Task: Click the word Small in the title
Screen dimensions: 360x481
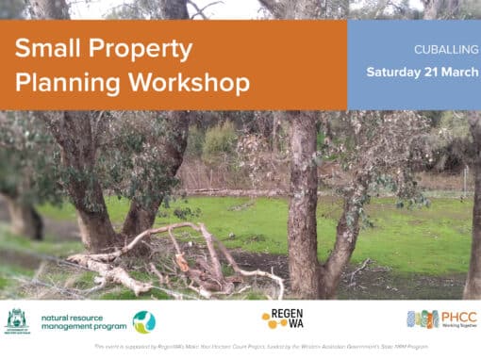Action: click(44, 49)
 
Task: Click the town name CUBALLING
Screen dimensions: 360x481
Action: click(442, 48)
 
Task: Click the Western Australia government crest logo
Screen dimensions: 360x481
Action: click(17, 320)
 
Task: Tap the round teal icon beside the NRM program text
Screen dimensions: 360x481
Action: click(144, 321)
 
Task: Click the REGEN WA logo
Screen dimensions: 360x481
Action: click(281, 319)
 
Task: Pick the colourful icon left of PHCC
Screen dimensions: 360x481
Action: click(422, 319)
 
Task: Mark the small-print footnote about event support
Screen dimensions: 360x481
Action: click(240, 347)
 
